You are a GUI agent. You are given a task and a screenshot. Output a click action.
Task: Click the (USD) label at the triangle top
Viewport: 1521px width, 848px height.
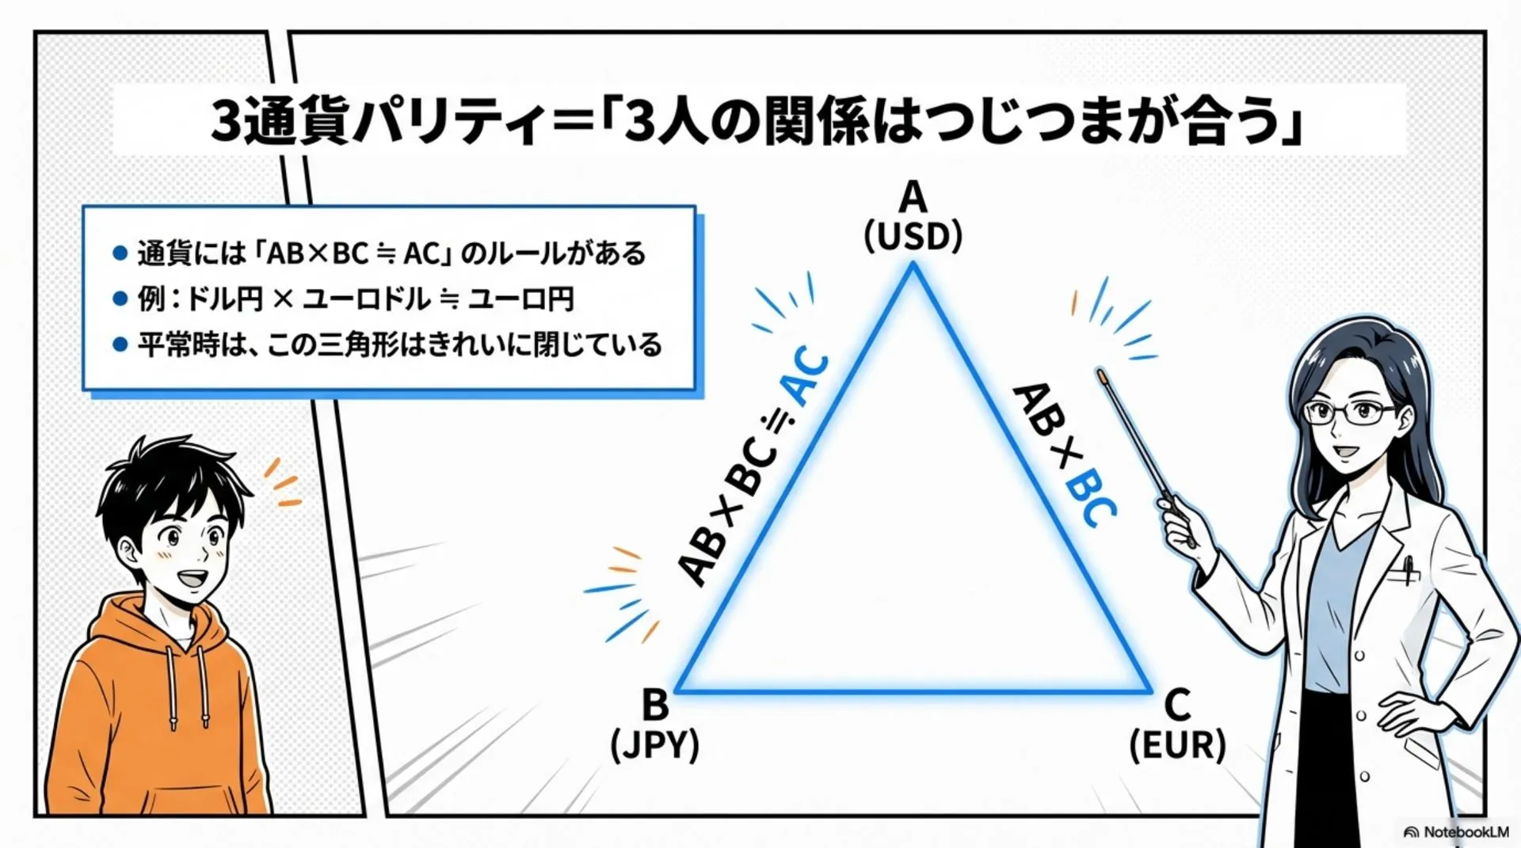pyautogui.click(x=913, y=237)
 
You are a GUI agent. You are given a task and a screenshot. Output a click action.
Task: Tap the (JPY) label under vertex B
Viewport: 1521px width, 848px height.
pyautogui.click(x=654, y=745)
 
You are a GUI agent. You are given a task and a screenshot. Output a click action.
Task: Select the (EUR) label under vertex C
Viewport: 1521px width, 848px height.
pyautogui.click(x=1177, y=745)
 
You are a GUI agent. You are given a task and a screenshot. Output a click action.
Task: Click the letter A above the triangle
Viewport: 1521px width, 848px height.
pyautogui.click(x=913, y=197)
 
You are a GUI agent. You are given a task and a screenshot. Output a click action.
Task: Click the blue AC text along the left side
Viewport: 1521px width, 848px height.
pyautogui.click(x=806, y=376)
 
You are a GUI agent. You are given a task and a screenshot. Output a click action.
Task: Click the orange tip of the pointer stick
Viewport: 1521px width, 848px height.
pyautogui.click(x=1102, y=375)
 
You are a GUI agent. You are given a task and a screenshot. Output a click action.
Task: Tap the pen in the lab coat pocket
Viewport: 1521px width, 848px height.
pyautogui.click(x=1407, y=569)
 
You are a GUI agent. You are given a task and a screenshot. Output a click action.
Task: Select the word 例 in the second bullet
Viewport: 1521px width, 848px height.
pyautogui.click(x=151, y=299)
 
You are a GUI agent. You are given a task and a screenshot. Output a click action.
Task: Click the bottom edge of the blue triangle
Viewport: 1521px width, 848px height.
pyautogui.click(x=913, y=691)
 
